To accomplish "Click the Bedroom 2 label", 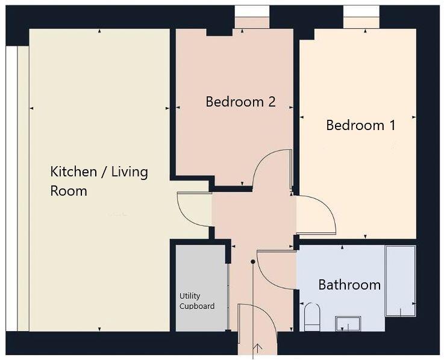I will tap(240, 102).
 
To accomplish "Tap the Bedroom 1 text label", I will tap(360, 125).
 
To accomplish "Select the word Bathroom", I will tap(349, 284).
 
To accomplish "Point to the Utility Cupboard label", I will tap(196, 301).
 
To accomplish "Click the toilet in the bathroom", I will tap(311, 317).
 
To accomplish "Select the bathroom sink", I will tap(348, 324).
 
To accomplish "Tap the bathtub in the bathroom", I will tap(400, 281).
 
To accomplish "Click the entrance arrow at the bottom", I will tap(259, 348).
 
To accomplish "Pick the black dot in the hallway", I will tap(253, 261).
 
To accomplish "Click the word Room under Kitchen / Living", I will tap(68, 191).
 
